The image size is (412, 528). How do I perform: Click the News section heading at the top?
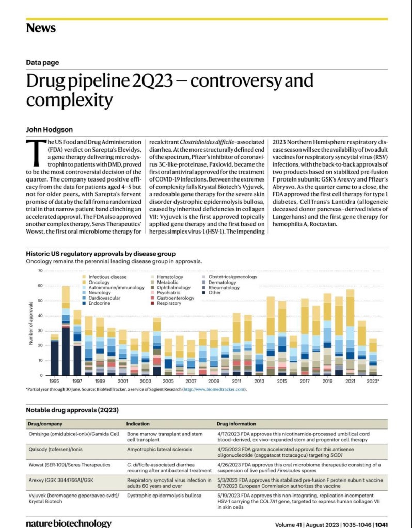coord(41,28)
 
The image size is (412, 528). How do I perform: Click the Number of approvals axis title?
coord(30,324)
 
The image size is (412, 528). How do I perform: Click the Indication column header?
coord(138,423)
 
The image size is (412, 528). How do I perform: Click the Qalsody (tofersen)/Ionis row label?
coord(57,449)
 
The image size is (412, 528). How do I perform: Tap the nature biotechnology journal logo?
coord(69,523)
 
